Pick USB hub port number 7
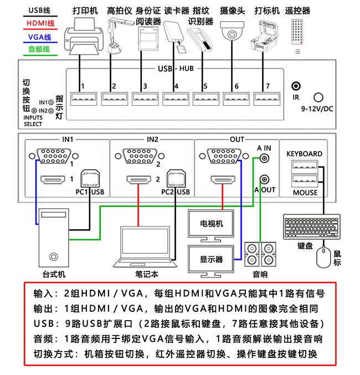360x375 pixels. pyautogui.click(x=264, y=99)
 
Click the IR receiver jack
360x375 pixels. pyautogui.click(x=296, y=86)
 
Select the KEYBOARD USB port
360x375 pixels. pyautogui.click(x=303, y=166)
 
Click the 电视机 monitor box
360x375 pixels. pyautogui.click(x=212, y=224)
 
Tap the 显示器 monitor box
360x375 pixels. pyautogui.click(x=212, y=259)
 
